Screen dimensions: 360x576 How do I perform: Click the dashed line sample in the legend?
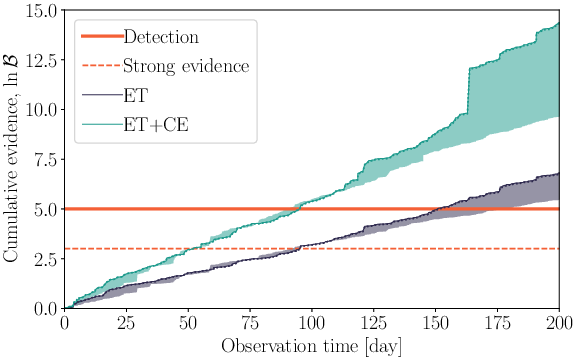[100, 67]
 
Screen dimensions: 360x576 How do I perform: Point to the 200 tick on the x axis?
[559, 323]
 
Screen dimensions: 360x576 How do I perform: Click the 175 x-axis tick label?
[497, 323]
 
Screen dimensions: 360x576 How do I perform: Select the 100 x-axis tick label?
[312, 323]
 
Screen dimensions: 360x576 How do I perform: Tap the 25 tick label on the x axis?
[126, 323]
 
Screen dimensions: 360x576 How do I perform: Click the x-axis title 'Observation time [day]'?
[311, 345]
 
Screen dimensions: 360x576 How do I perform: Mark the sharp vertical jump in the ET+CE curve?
[467, 88]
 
